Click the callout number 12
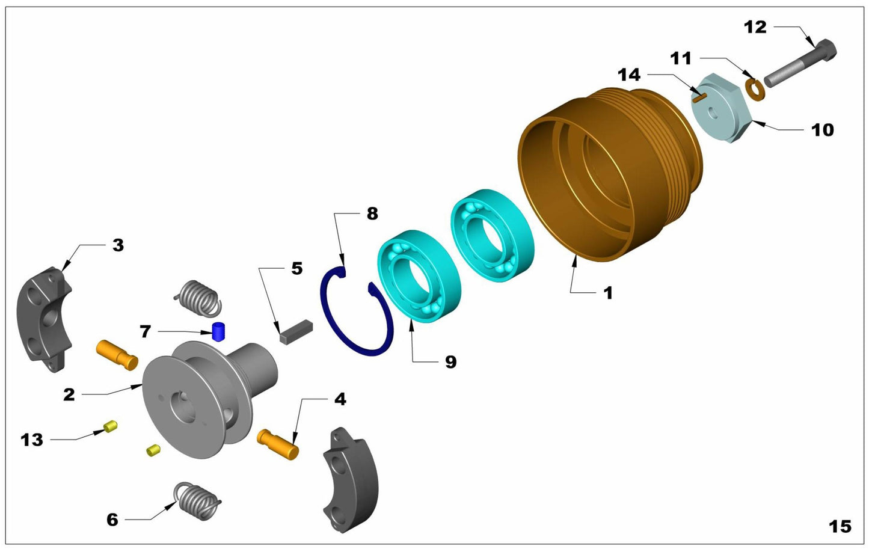click(x=755, y=28)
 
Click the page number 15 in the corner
click(x=840, y=526)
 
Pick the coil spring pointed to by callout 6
click(x=197, y=500)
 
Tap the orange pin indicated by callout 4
click(x=278, y=444)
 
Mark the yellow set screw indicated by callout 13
click(x=111, y=426)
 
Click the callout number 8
click(x=372, y=213)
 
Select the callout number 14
click(x=629, y=75)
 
